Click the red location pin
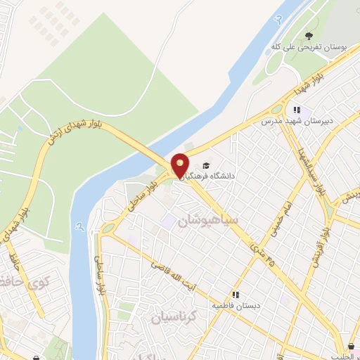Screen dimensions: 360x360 [179, 165]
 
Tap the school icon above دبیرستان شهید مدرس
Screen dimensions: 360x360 [297, 110]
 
